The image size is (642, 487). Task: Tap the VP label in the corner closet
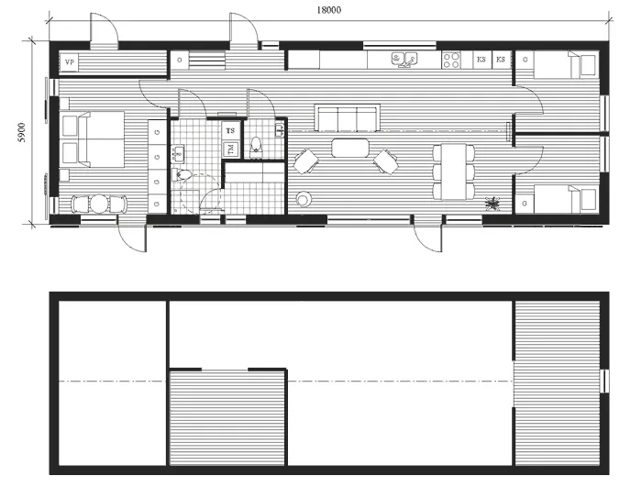point(70,61)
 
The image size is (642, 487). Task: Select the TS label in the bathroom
point(230,130)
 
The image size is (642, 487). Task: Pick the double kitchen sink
point(404,61)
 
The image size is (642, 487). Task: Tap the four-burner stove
point(452,61)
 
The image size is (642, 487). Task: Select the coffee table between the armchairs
point(348,147)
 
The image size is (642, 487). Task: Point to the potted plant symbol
point(495,202)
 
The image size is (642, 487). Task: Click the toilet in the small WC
point(258,144)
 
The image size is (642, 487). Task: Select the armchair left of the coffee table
point(306,162)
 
